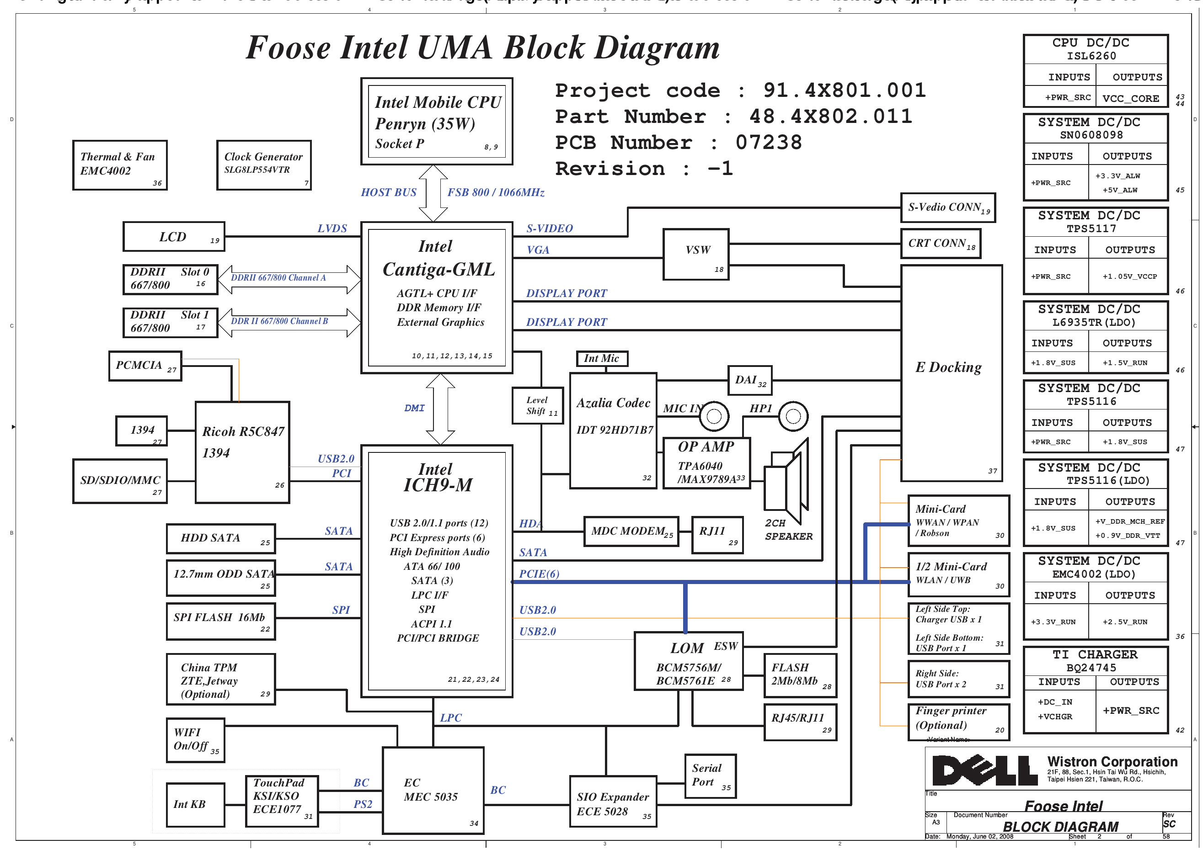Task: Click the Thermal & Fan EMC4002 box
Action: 119,165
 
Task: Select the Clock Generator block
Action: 263,165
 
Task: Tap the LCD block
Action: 173,237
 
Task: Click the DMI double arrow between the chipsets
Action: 440,409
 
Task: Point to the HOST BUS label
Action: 388,192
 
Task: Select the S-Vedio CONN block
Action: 947,207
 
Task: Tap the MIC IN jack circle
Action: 714,416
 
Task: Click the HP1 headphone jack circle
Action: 793,416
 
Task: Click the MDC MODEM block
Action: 631,531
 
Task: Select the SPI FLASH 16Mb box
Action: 220,621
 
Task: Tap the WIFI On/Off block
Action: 195,740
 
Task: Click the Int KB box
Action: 195,804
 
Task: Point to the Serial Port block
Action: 710,776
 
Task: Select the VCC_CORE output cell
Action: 1131,98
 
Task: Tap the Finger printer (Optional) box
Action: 958,722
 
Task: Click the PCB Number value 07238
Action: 768,143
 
